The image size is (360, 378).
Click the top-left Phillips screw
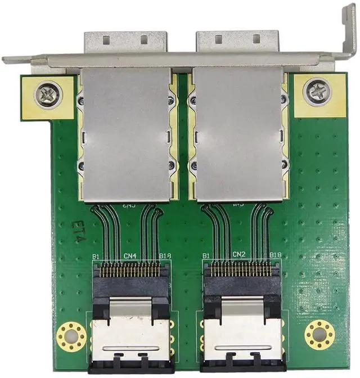pyautogui.click(x=48, y=94)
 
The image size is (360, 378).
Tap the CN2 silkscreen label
pyautogui.click(x=240, y=255)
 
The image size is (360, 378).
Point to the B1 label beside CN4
pyautogui.click(x=96, y=256)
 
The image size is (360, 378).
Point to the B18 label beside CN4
pyautogui.click(x=165, y=256)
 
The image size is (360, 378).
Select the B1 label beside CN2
pyautogui.click(x=205, y=255)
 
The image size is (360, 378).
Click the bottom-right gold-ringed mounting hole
pyautogui.click(x=319, y=335)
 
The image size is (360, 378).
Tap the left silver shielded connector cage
pyautogui.click(x=126, y=134)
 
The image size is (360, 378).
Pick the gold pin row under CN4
pyautogui.click(x=130, y=271)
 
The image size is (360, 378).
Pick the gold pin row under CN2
pyautogui.click(x=241, y=270)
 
